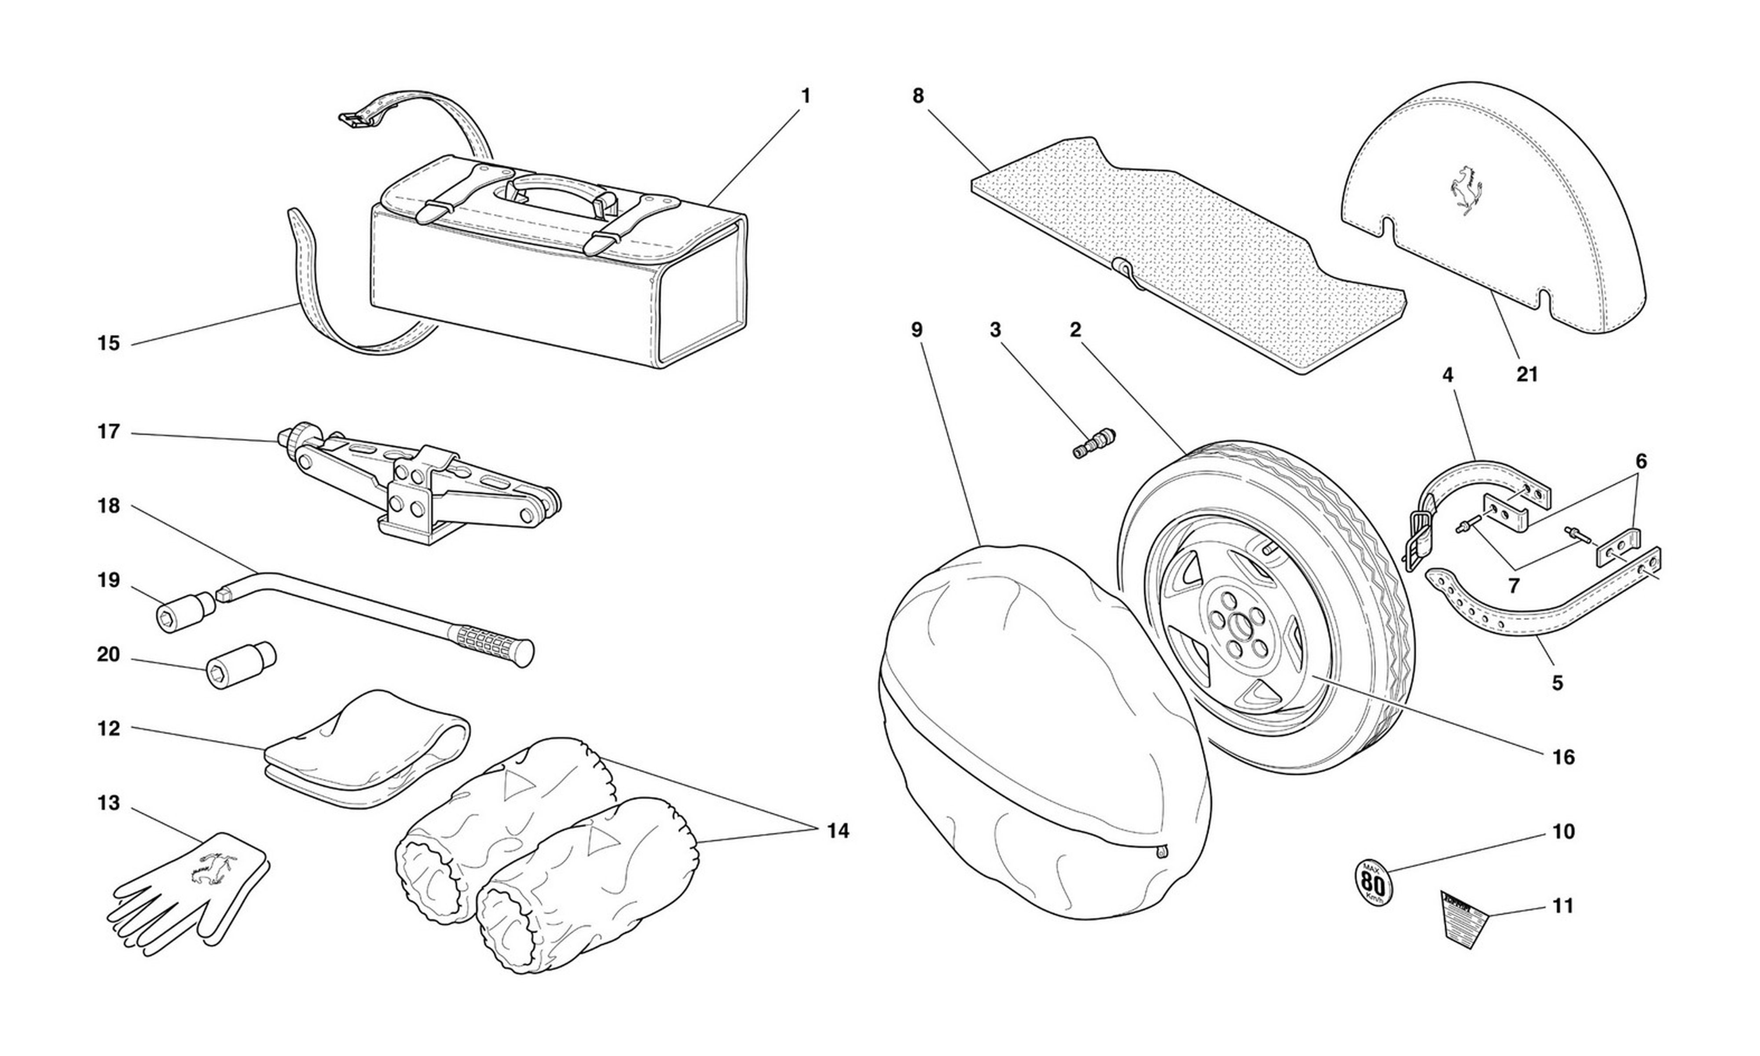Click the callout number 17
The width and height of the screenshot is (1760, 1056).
(x=108, y=432)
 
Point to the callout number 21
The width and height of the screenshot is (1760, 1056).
(x=1527, y=374)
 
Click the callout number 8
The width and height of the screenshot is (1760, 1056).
(x=918, y=96)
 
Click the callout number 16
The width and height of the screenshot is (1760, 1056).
(x=1564, y=758)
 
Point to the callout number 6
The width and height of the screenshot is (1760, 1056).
(x=1640, y=462)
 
